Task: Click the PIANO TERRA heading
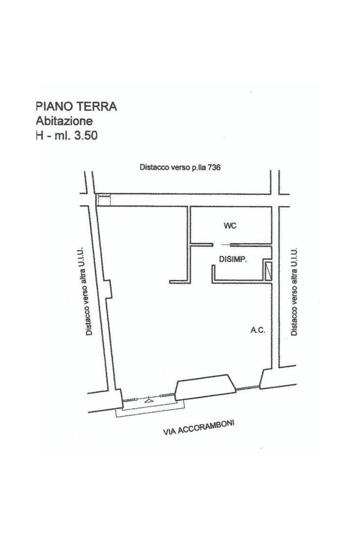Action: tap(76, 106)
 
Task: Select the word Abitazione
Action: tap(64, 121)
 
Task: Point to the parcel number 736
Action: tap(214, 168)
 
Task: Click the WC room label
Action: tap(230, 226)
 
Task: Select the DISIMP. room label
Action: tap(233, 259)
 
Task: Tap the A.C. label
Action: tap(258, 330)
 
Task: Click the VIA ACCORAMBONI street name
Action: tap(199, 428)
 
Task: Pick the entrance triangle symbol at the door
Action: tap(149, 400)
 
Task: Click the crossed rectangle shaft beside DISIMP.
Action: tap(268, 271)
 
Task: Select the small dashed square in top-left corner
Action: tap(104, 200)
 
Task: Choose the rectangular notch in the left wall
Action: tap(109, 288)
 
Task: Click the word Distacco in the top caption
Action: tap(151, 168)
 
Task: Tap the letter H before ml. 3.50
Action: tap(39, 135)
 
